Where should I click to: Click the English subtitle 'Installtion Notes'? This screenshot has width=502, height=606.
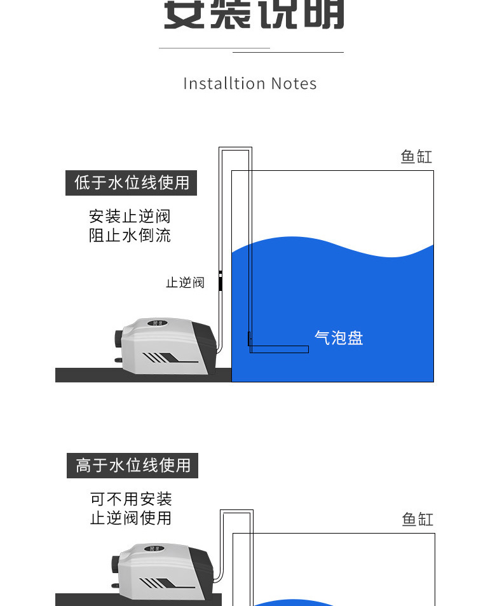pos(250,84)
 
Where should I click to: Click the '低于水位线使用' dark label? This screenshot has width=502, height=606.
pos(132,183)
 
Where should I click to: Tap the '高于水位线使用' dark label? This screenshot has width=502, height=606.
pos(133,466)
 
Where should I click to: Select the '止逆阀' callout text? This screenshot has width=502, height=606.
pos(185,283)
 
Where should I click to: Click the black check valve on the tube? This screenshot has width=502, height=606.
pos(220,280)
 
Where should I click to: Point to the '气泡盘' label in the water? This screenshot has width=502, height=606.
pos(339,338)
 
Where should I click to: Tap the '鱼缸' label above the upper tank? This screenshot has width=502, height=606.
pos(416,157)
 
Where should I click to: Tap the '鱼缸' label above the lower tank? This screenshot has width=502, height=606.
pos(417,520)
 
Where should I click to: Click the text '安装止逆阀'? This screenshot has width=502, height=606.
pos(130,217)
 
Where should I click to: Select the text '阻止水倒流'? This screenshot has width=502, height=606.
pos(130,236)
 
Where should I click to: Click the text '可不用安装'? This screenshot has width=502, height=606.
pos(131,499)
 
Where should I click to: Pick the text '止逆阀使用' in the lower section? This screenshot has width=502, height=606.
pos(131,518)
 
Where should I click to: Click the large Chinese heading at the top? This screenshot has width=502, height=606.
pos(254,14)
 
